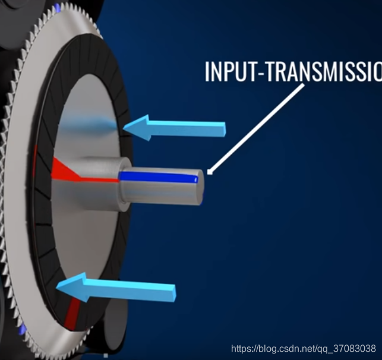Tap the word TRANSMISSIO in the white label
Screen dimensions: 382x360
pos(320,71)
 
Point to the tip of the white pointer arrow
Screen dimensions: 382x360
pos(207,174)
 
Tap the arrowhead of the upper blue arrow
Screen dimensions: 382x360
pos(137,128)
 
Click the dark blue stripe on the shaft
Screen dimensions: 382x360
pos(157,176)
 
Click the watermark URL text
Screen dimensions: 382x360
pos(302,348)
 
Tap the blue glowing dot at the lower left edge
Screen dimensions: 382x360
pos(23,328)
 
